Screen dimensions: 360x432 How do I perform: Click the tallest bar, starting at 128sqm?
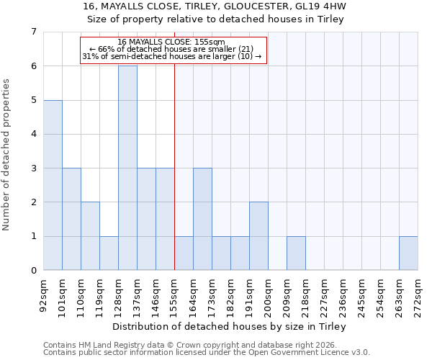click(127, 168)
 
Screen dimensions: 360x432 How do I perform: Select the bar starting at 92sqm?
click(53, 185)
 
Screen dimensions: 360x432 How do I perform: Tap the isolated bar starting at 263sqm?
click(408, 253)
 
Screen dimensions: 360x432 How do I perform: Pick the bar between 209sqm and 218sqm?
click(296, 253)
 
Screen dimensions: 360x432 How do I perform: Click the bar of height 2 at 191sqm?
click(258, 235)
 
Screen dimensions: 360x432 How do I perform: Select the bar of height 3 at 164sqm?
click(202, 219)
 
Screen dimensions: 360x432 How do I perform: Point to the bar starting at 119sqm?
click(109, 253)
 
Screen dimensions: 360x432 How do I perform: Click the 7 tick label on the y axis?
click(33, 32)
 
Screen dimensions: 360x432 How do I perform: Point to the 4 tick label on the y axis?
click(33, 134)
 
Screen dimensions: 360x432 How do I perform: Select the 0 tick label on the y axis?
click(33, 271)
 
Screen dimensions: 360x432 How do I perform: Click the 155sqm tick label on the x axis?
click(175, 296)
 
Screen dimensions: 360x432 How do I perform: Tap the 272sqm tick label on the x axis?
click(418, 296)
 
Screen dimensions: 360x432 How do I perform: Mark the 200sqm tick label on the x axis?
click(269, 296)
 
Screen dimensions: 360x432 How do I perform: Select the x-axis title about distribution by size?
click(230, 327)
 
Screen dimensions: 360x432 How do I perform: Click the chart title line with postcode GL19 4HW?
click(215, 6)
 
